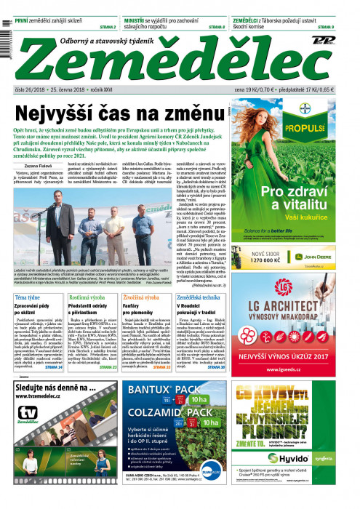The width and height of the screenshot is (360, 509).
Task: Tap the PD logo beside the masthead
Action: click(335, 41)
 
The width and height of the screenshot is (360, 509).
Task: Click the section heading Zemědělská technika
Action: click(207, 278)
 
